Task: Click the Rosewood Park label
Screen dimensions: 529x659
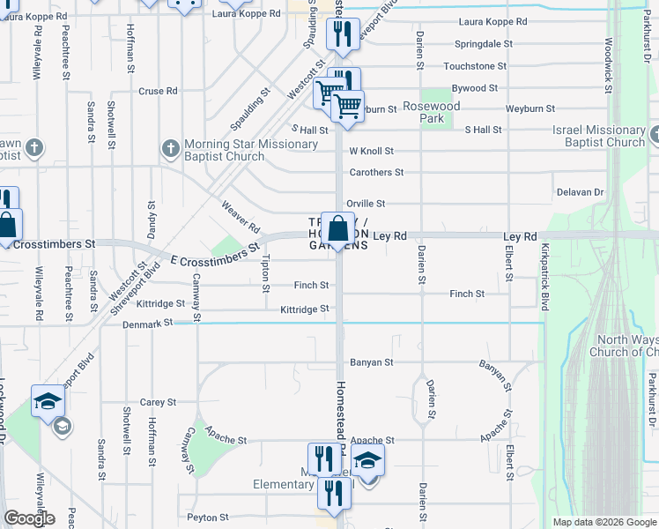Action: (432, 111)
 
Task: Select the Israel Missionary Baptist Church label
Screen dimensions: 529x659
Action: (599, 136)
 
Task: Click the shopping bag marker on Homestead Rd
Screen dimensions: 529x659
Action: (338, 229)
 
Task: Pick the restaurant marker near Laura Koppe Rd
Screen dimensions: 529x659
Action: (340, 34)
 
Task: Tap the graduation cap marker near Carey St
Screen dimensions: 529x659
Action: (48, 401)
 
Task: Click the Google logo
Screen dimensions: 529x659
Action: (29, 518)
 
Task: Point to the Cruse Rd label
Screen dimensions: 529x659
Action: (159, 91)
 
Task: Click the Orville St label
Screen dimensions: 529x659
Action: (366, 204)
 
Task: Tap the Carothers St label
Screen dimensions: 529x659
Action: (376, 173)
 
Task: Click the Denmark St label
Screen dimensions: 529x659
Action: (148, 324)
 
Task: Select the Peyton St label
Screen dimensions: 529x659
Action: (208, 518)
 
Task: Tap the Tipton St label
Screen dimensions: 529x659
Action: (266, 271)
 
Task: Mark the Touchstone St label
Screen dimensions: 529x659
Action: (475, 66)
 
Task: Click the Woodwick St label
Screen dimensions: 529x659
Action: (608, 60)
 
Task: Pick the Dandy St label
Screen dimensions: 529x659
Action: (151, 217)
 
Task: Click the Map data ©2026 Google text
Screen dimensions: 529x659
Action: (603, 522)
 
